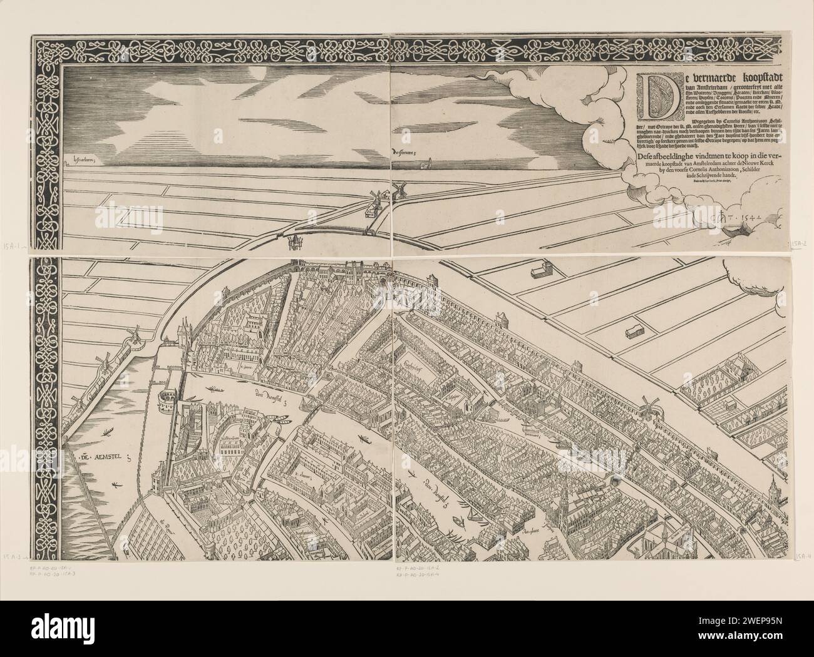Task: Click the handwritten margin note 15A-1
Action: pyautogui.click(x=13, y=246)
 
